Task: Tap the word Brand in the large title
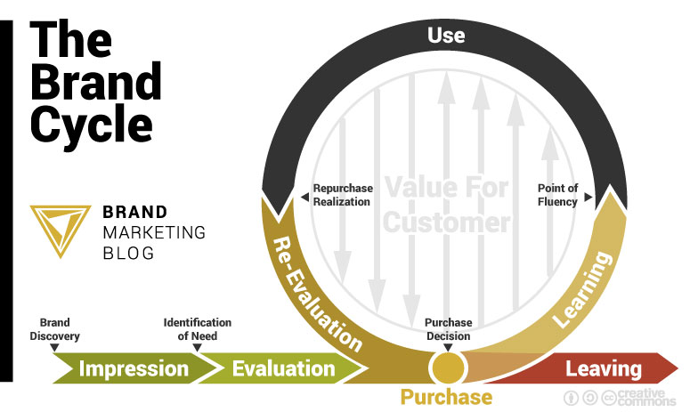tap(95, 82)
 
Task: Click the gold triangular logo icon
tap(60, 230)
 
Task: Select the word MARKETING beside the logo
tap(154, 232)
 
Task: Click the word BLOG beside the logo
tap(128, 253)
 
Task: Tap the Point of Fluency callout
tap(557, 195)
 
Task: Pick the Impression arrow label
tap(134, 368)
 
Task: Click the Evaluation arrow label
tap(283, 368)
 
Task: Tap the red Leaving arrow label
tap(603, 368)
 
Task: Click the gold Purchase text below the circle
tap(446, 397)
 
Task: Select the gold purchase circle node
tap(446, 368)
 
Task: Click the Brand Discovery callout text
tap(54, 329)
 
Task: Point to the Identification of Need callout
tap(197, 328)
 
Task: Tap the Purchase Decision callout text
tap(448, 329)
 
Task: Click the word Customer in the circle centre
tap(446, 222)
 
